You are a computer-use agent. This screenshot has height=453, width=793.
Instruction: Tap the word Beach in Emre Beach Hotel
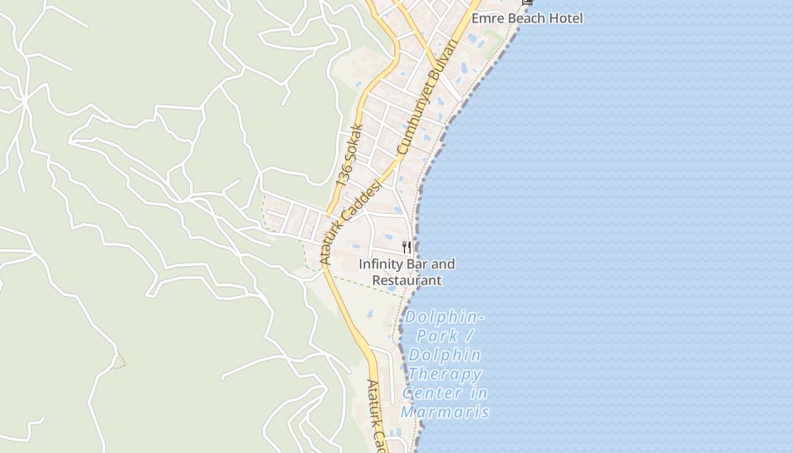point(526,18)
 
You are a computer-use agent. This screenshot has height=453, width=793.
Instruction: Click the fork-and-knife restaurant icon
point(407,247)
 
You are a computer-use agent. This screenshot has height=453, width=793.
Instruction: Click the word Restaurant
point(407,280)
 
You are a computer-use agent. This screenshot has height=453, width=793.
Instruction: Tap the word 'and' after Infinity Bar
point(444,264)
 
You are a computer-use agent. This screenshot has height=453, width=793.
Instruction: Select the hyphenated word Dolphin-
point(445,317)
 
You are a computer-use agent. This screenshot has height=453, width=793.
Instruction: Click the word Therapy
point(445,374)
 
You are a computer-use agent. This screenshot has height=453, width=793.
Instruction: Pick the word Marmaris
point(445,412)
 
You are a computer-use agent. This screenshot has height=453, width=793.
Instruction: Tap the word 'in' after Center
point(479,392)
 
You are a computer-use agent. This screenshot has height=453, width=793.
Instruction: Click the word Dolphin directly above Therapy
point(445,355)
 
